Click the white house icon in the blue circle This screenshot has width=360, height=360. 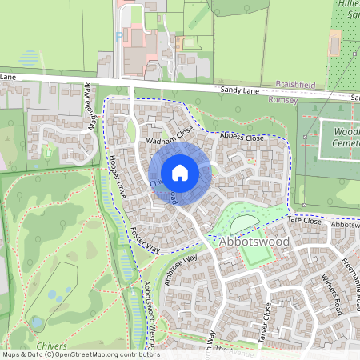click(180, 173)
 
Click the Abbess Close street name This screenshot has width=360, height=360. click(242, 138)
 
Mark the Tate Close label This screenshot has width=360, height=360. click(305, 222)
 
